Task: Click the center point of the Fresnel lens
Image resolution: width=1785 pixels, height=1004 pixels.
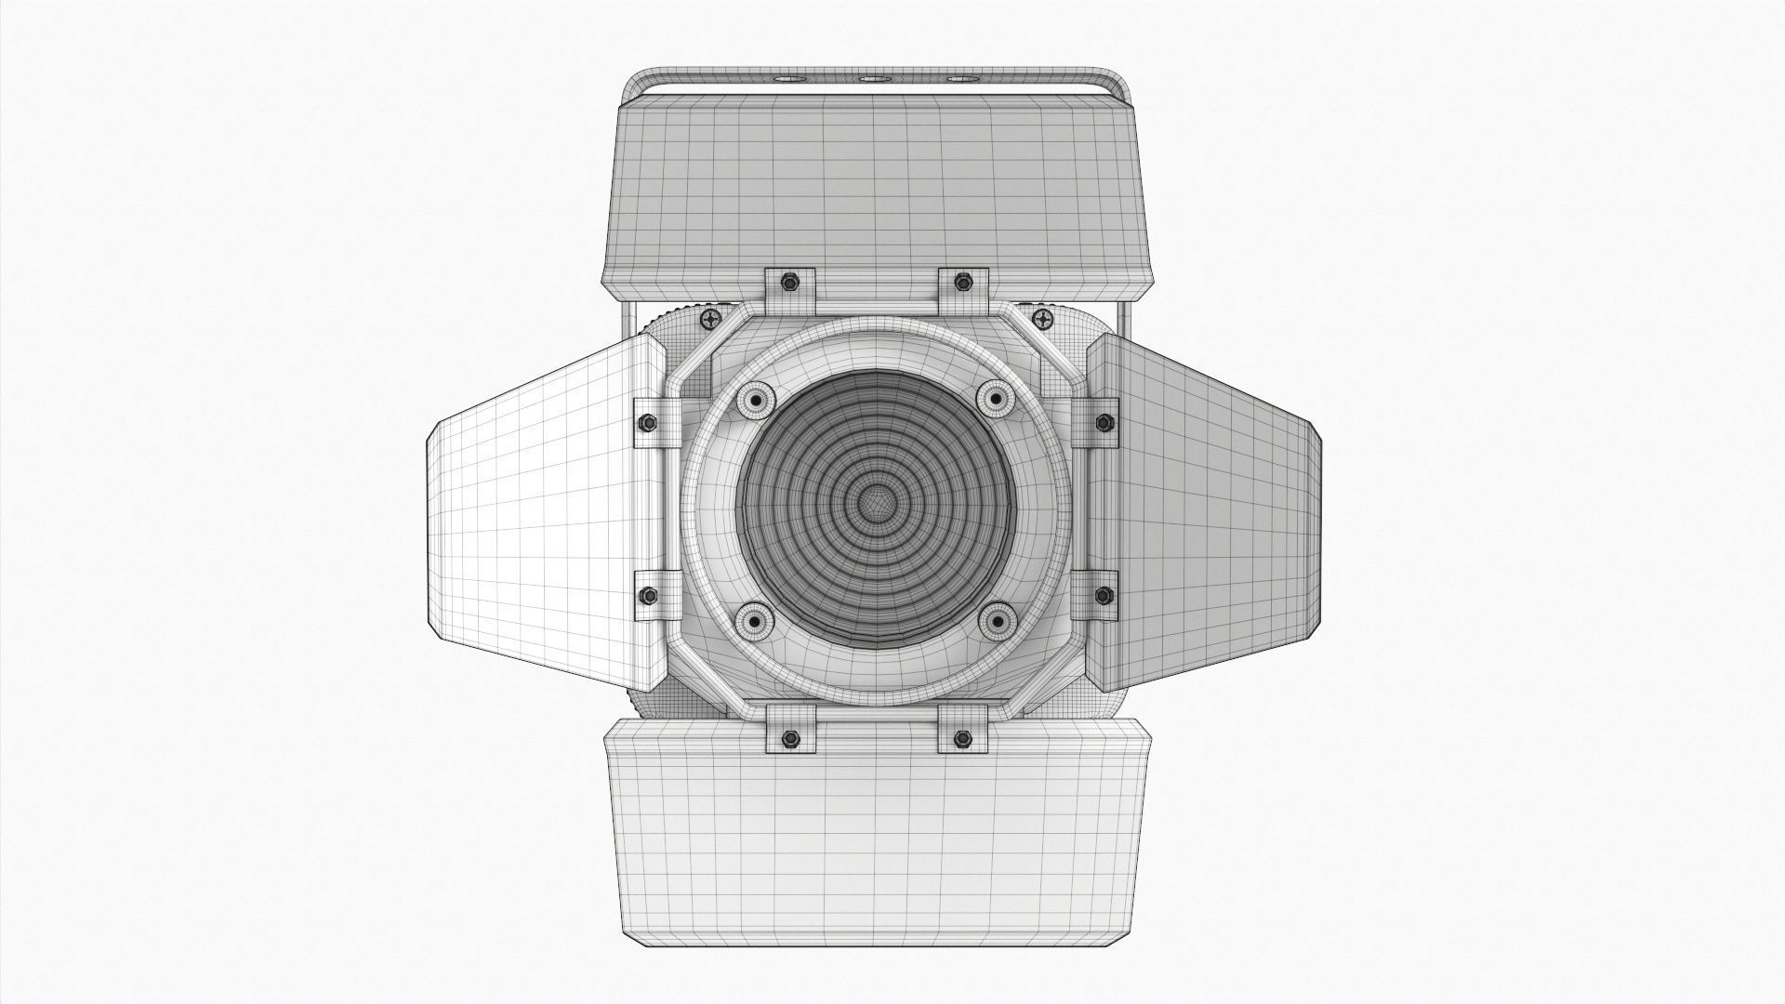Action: click(x=874, y=505)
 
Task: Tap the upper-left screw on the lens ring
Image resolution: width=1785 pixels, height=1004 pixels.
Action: click(x=755, y=400)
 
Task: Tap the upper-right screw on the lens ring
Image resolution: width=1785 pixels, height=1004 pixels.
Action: click(x=995, y=399)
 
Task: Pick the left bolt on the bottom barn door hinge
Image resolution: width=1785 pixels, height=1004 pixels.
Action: click(x=789, y=713)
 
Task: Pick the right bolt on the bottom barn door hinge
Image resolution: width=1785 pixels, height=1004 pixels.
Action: click(x=961, y=713)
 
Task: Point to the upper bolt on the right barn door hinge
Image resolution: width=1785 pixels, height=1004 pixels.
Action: click(x=1104, y=423)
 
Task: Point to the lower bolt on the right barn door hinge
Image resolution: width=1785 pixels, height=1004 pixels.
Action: click(x=1104, y=595)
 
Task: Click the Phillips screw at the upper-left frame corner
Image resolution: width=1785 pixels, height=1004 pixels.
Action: click(x=711, y=321)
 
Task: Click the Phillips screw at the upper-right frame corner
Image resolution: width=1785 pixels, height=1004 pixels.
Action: click(x=1044, y=321)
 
